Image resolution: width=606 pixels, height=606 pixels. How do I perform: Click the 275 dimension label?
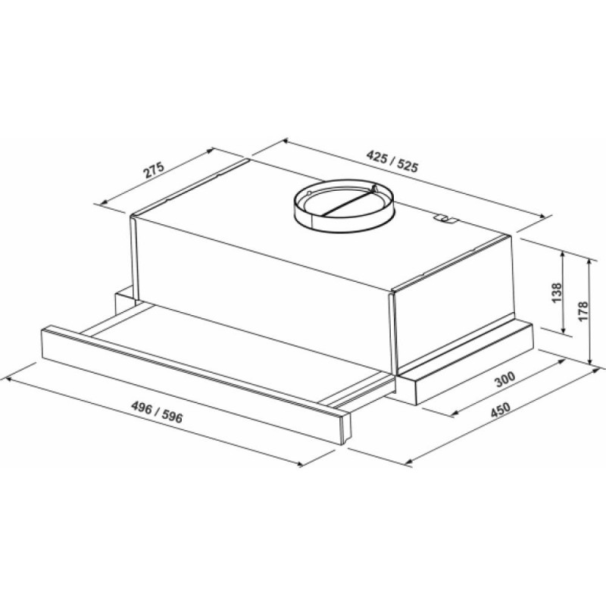point(155,170)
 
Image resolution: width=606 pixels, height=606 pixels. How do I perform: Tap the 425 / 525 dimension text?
point(392,161)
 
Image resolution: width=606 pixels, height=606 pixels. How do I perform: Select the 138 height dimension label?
point(557,292)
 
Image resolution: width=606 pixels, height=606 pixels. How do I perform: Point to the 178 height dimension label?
point(583,311)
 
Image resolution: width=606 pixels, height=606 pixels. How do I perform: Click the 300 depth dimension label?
point(505,380)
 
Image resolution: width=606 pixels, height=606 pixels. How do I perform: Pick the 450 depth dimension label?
point(501,411)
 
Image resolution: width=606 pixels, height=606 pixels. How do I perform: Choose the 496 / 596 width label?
point(157,412)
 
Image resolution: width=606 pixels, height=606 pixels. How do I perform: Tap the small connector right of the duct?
point(445,219)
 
